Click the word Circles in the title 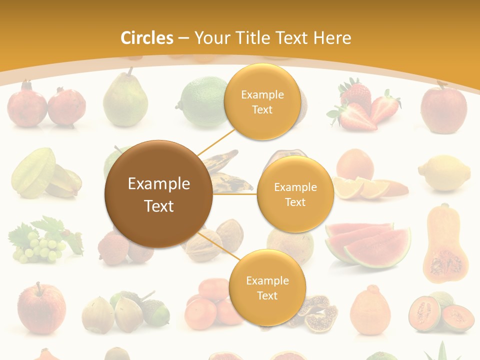click(x=146, y=38)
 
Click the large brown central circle click(x=158, y=194)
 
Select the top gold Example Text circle click(x=262, y=101)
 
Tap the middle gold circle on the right click(x=295, y=194)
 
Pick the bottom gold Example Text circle click(x=267, y=287)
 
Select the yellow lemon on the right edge click(x=444, y=173)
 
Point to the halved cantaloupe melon click(x=440, y=312)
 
